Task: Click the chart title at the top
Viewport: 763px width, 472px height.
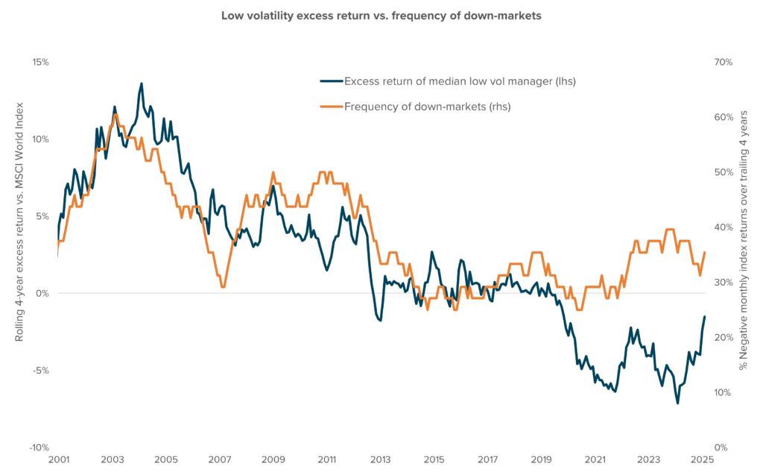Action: (381, 16)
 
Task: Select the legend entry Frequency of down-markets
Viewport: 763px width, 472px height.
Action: (427, 107)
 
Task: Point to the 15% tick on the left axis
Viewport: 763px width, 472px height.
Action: (39, 62)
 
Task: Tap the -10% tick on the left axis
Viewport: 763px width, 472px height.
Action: (38, 447)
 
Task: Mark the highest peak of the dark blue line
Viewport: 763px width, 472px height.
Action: (142, 84)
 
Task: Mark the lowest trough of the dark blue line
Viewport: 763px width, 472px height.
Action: (677, 403)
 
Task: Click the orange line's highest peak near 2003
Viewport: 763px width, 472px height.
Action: (115, 114)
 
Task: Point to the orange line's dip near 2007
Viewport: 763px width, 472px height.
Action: (222, 287)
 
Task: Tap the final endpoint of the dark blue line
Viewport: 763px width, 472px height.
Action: (705, 317)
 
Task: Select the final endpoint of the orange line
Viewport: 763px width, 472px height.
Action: (705, 253)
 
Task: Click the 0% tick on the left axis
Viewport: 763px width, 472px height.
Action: (42, 293)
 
